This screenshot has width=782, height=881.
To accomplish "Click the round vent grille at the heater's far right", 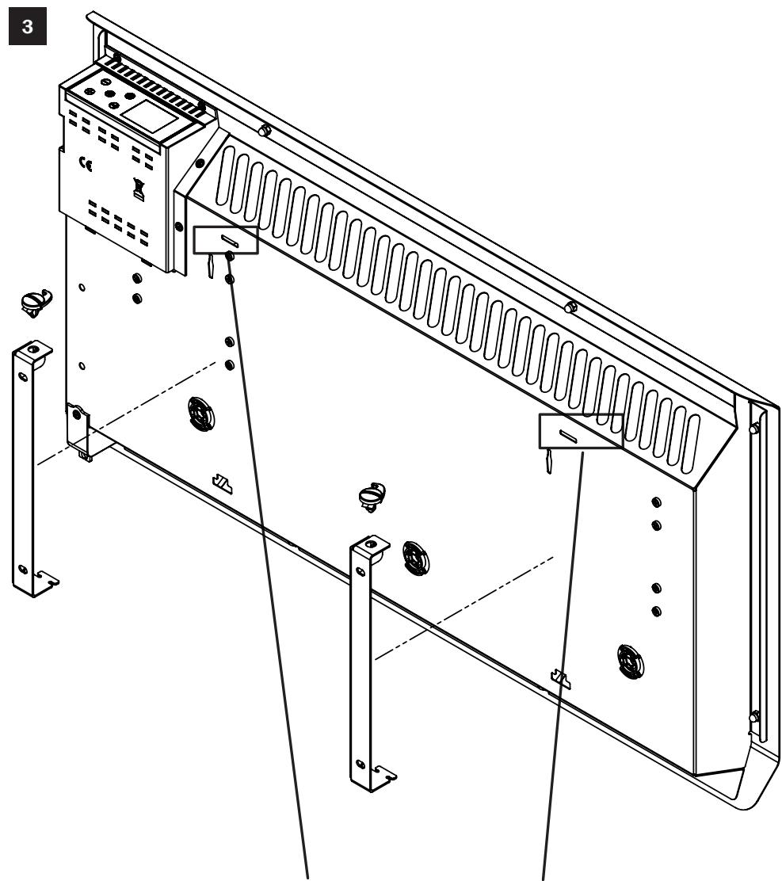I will tap(631, 659).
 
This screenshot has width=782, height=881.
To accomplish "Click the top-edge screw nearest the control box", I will tap(265, 131).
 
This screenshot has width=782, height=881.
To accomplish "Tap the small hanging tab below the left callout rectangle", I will tap(208, 268).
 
